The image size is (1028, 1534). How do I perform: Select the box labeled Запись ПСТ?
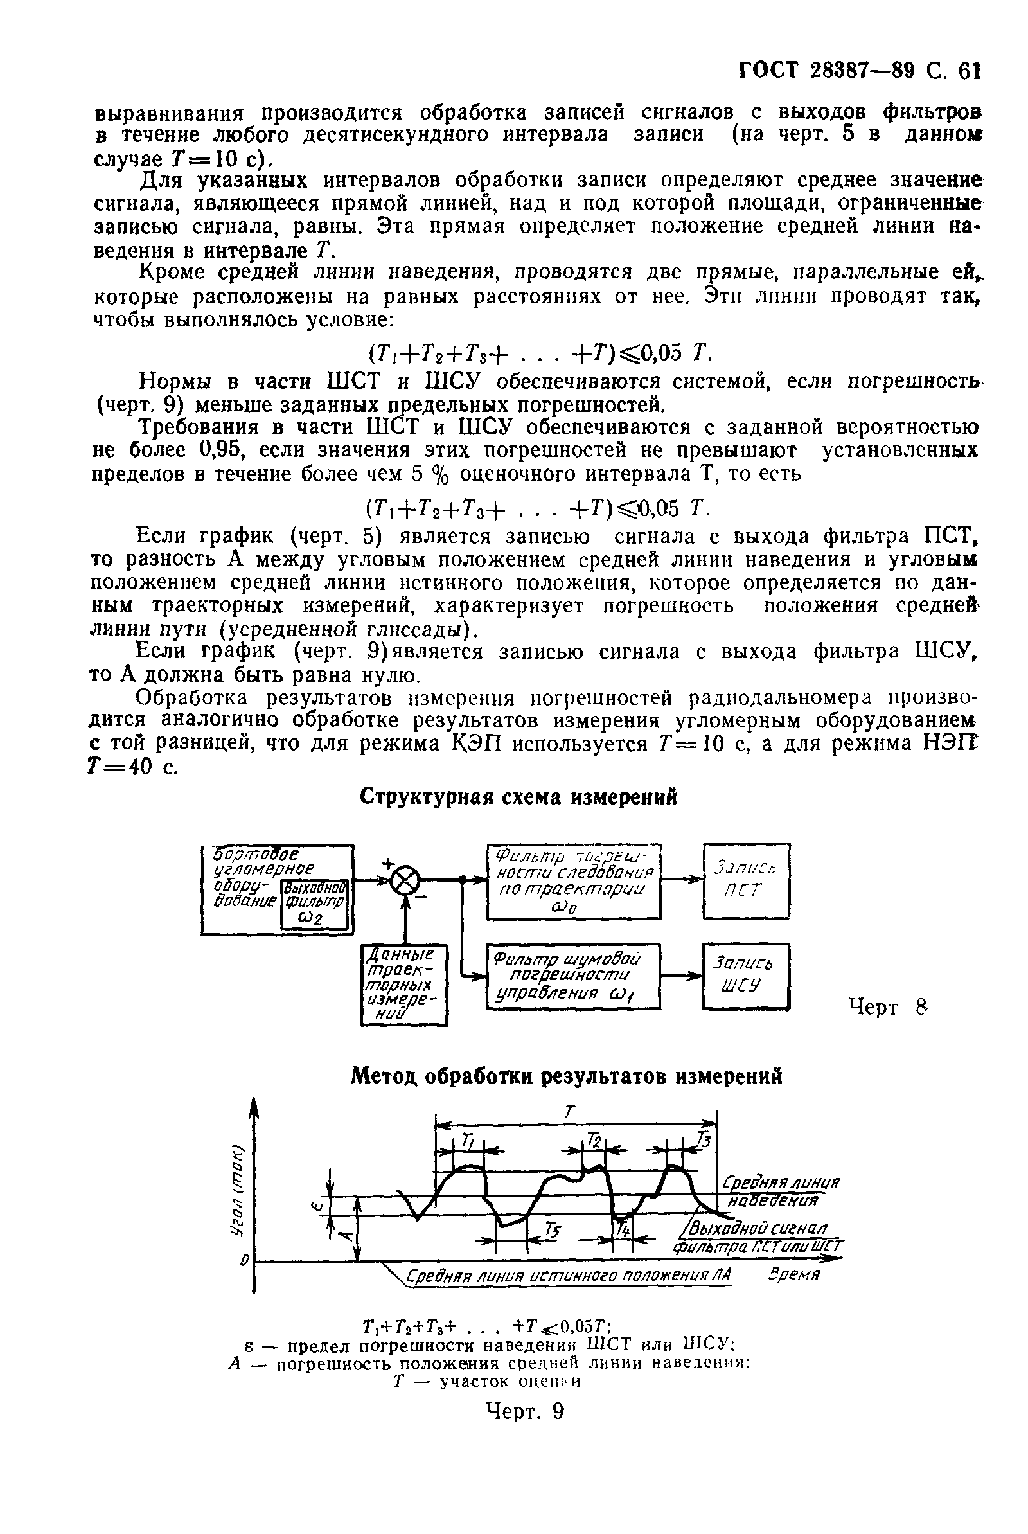coord(746,880)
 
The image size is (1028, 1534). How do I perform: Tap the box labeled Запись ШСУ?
coord(745,976)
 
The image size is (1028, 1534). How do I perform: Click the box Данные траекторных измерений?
coord(404,984)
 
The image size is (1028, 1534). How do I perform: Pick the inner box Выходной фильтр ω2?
coord(314,905)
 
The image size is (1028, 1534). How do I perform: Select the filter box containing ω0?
coord(574,880)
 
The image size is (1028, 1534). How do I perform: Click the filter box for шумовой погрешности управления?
coord(573,976)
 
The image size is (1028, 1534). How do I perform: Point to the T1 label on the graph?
coord(468,1141)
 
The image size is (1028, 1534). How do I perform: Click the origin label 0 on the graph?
coord(245,1260)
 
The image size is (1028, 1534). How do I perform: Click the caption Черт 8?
coord(889,1006)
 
